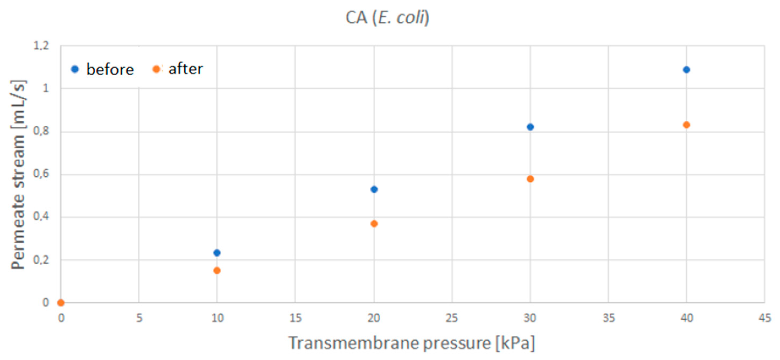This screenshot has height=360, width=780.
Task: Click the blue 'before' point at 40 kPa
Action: click(x=686, y=70)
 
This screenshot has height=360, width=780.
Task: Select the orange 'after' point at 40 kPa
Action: click(x=686, y=125)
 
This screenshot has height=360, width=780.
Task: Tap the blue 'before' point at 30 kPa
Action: click(x=530, y=127)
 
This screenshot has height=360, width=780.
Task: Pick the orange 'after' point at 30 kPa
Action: click(x=530, y=179)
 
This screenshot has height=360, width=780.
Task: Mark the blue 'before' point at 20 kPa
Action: click(x=374, y=190)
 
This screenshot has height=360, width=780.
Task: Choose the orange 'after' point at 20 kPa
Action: click(x=374, y=224)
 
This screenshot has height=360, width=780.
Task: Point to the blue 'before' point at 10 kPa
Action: click(x=217, y=253)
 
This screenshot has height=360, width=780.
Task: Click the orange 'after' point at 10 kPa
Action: click(x=217, y=270)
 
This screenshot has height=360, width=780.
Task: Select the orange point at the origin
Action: click(x=61, y=302)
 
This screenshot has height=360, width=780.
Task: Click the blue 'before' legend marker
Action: click(x=75, y=69)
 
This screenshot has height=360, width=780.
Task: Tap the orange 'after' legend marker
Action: click(x=156, y=69)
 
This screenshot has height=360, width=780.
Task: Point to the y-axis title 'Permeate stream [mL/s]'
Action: click(x=18, y=174)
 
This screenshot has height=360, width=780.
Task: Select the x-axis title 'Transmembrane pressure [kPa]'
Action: click(x=411, y=343)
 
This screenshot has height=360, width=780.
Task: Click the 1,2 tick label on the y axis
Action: click(x=41, y=46)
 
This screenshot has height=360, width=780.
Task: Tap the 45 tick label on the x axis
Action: click(x=765, y=318)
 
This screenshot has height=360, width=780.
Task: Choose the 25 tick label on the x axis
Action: click(x=452, y=318)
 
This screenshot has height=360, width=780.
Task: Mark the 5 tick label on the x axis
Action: click(x=139, y=318)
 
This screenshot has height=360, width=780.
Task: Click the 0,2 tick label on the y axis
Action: click(x=41, y=260)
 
